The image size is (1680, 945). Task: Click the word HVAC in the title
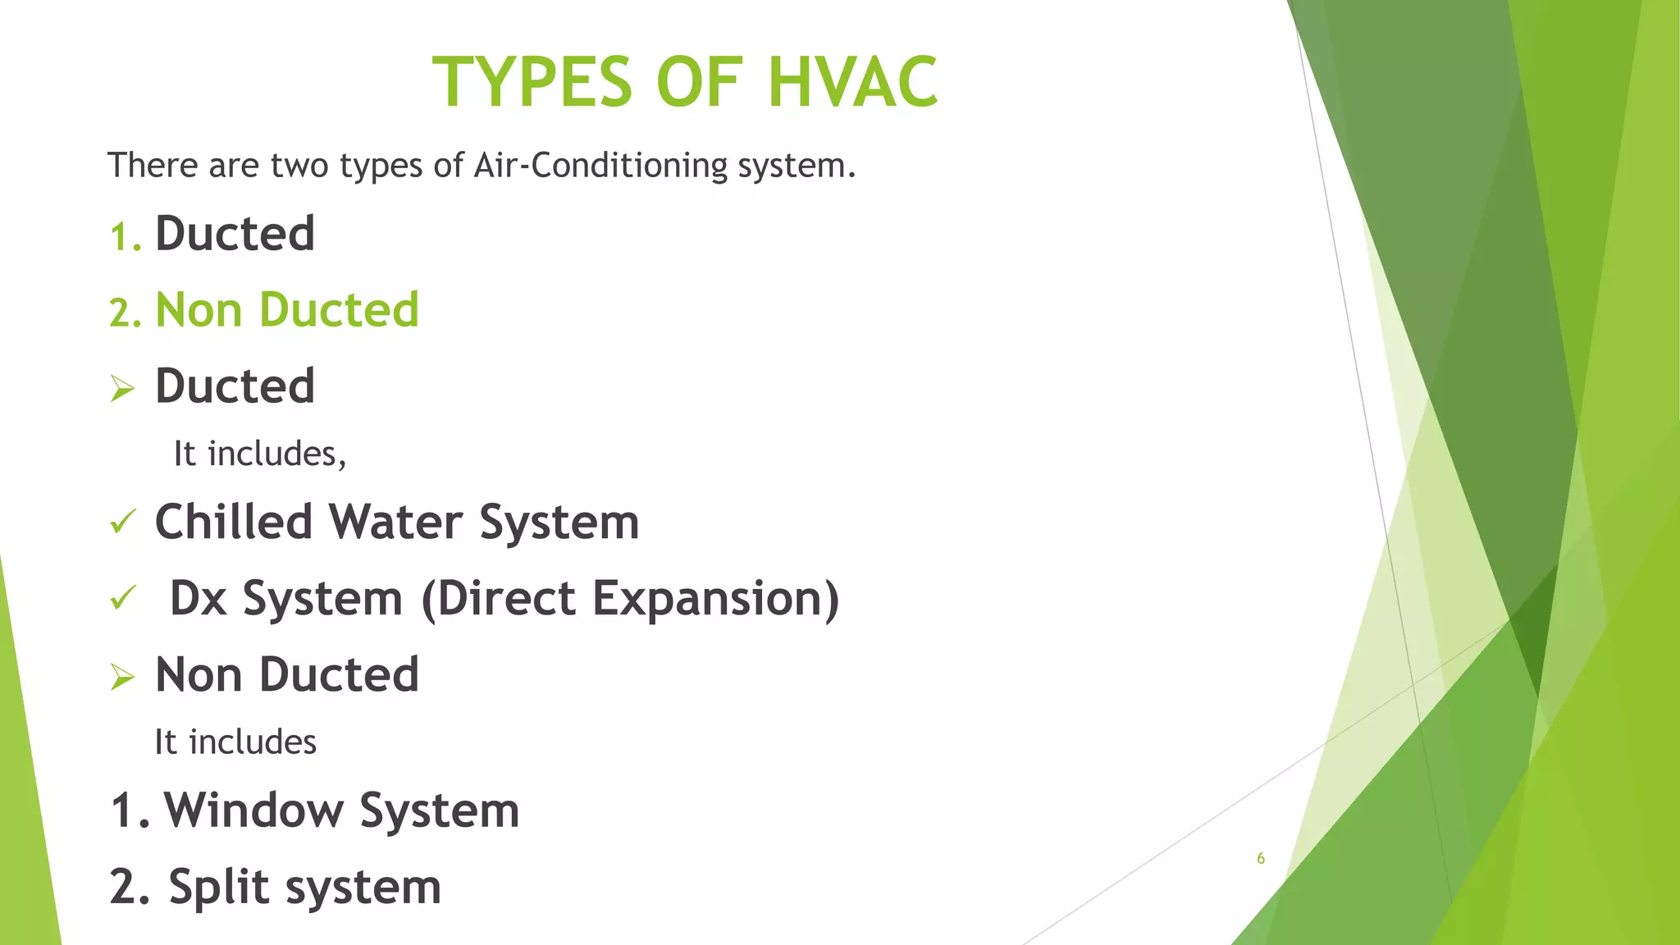coord(852,82)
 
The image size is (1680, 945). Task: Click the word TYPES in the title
coord(532,82)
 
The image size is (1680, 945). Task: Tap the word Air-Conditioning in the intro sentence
coord(600,166)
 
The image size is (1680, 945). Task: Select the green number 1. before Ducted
coord(126,237)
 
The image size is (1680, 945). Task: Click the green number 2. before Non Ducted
coord(126,313)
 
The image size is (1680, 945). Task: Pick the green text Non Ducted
coord(287,310)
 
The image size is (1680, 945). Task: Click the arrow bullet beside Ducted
coord(122,388)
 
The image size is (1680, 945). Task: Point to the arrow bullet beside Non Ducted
coord(122,677)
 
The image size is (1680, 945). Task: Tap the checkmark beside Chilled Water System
coord(122,522)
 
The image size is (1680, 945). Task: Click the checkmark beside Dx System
coord(122,598)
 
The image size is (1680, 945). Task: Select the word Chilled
coord(234,522)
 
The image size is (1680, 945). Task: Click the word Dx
coord(198,598)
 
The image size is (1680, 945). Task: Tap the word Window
coord(253,810)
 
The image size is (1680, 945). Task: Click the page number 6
coord(1261,859)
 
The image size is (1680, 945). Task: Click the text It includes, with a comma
coord(259,454)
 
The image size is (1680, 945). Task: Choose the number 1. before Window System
coord(130,810)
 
